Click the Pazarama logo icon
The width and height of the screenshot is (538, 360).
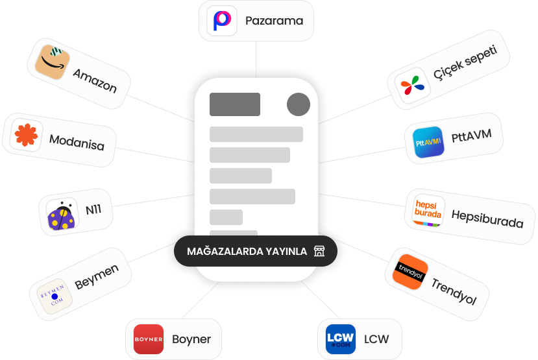[x=222, y=21]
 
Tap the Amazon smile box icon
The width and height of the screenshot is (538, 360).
[x=54, y=62]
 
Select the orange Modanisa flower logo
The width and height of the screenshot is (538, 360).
[x=27, y=136]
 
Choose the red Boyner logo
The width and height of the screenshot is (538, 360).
[x=149, y=339]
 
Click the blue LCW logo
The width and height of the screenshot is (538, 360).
[x=341, y=339]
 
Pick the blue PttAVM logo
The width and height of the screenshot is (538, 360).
[x=428, y=142]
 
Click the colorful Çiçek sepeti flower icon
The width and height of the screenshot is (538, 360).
[x=413, y=85]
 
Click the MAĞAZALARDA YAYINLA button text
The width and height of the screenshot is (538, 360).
[x=247, y=251]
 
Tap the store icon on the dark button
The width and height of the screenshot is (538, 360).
[x=319, y=251]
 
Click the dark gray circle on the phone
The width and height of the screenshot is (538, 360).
[x=299, y=104]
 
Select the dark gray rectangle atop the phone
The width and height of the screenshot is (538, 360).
[x=235, y=104]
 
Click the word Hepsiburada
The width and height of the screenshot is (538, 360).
[x=487, y=219]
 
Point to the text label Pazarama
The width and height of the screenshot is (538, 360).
[x=274, y=21]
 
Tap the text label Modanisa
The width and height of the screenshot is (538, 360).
[x=77, y=141]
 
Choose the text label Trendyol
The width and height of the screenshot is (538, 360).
[x=454, y=291]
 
